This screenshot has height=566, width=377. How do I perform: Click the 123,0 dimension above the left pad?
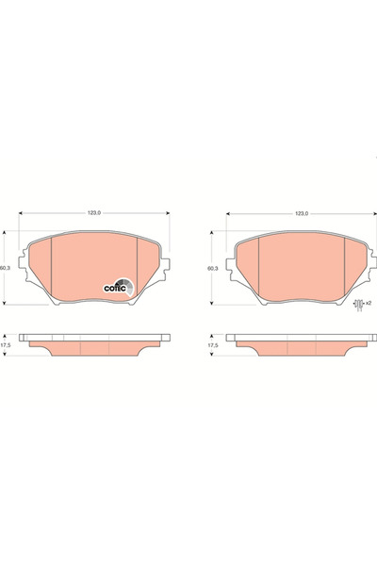tap(94, 213)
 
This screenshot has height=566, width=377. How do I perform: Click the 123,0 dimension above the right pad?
tap(302, 213)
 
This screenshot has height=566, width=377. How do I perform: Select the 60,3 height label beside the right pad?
tap(212, 268)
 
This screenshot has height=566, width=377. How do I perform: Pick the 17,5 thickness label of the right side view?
tap(214, 345)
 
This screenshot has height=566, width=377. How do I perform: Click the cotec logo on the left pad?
tap(119, 287)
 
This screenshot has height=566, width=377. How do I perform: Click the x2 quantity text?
tap(368, 303)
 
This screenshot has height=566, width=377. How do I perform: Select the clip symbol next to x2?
tap(358, 305)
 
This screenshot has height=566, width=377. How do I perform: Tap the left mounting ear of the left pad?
tap(24, 263)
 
